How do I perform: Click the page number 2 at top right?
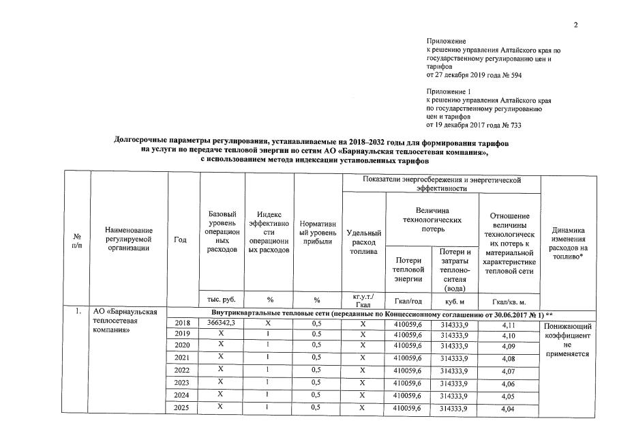(x=575, y=25)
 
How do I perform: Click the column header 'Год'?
(x=181, y=239)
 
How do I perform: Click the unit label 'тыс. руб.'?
(x=220, y=300)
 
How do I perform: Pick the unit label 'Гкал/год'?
(x=408, y=300)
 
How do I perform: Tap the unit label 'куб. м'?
(x=455, y=300)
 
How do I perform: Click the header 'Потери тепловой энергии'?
(x=408, y=270)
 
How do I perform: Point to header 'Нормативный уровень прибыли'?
(x=317, y=233)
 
